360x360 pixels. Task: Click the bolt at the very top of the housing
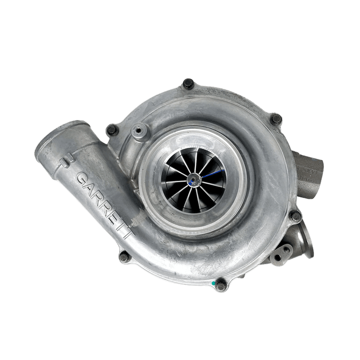pos(189,84)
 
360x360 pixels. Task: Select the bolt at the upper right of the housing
pos(276,119)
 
